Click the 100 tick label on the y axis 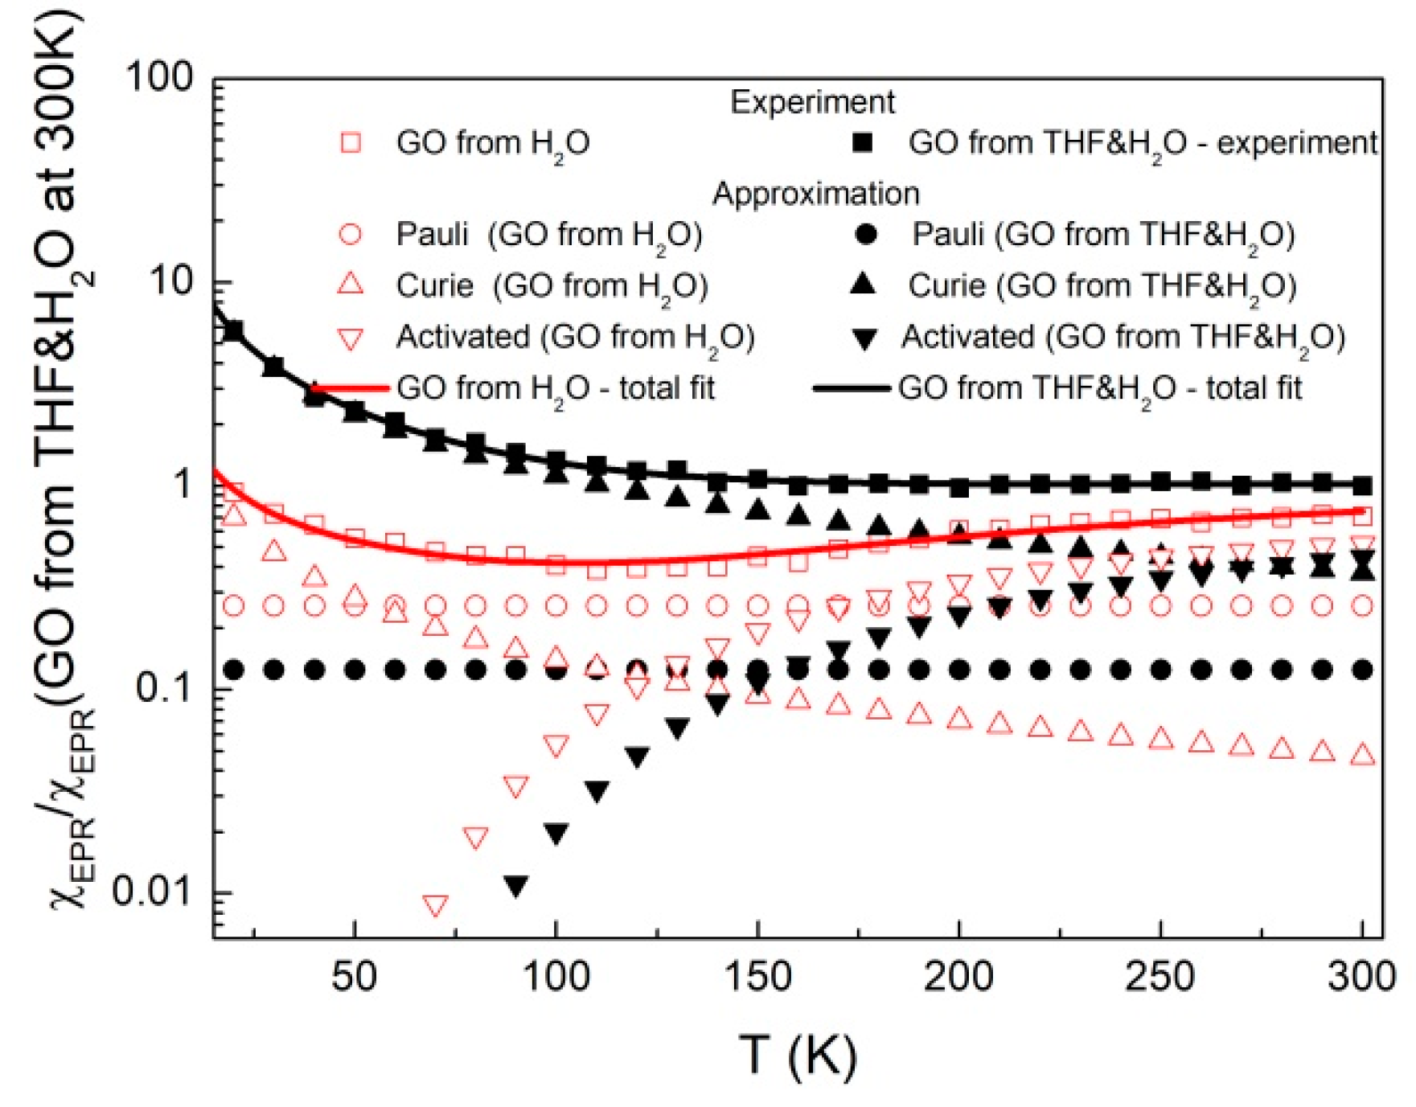pyautogui.click(x=158, y=78)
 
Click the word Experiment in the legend pyautogui.click(x=812, y=102)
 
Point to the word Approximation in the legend pyautogui.click(x=815, y=194)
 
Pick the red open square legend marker pyautogui.click(x=351, y=143)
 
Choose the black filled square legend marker pyautogui.click(x=863, y=143)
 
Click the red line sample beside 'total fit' pyautogui.click(x=351, y=389)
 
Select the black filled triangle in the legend pyautogui.click(x=863, y=284)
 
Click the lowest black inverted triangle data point pyautogui.click(x=516, y=887)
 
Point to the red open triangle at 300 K pyautogui.click(x=1362, y=754)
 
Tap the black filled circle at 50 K pyautogui.click(x=355, y=670)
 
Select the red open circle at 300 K pyautogui.click(x=1362, y=605)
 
